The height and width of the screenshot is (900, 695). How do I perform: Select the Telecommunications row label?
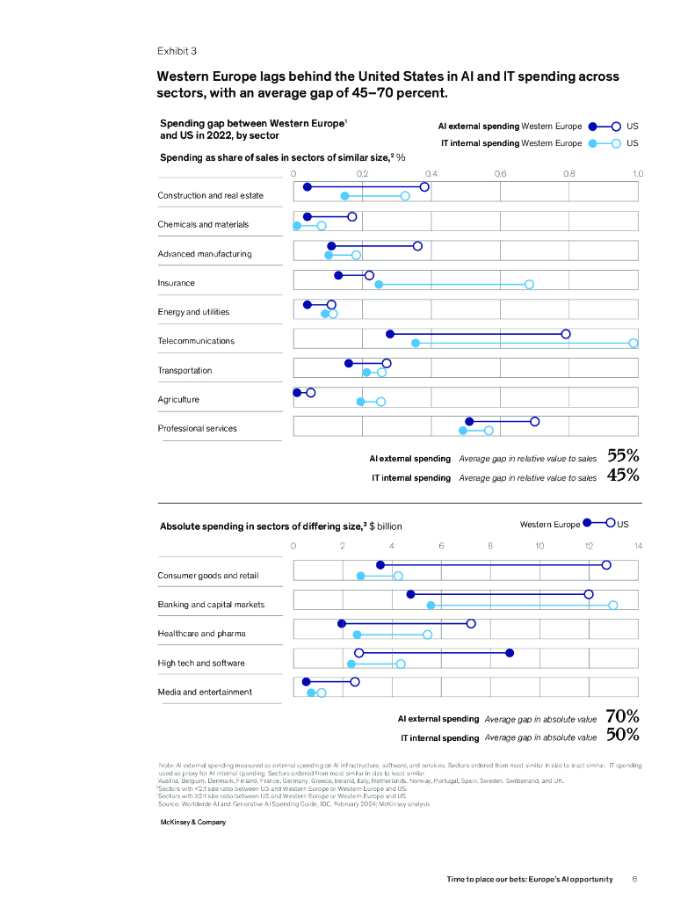(196, 341)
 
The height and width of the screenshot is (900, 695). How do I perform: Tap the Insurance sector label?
(176, 283)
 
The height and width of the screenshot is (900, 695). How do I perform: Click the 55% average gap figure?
(623, 456)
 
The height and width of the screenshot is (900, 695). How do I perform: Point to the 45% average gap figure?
(623, 475)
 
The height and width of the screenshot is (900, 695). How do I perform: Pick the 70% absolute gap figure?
(622, 716)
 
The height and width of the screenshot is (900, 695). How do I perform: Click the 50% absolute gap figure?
(622, 736)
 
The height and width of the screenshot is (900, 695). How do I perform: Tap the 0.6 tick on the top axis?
(500, 174)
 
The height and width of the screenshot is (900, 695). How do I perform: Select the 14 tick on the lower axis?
(638, 546)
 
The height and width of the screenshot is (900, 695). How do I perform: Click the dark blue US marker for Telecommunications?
(566, 334)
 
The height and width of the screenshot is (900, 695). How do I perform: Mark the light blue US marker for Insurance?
(529, 284)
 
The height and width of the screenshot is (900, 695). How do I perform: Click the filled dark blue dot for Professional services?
(469, 422)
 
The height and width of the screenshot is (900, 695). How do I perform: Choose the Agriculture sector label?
(178, 400)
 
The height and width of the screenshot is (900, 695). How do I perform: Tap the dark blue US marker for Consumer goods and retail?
(606, 565)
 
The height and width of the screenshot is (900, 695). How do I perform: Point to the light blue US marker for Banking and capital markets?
(613, 605)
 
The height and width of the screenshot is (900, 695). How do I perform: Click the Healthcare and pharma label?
(201, 634)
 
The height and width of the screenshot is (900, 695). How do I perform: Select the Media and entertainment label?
(205, 692)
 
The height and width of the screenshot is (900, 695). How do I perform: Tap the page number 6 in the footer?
(634, 879)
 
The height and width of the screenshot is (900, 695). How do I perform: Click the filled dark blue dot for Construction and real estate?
(307, 187)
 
